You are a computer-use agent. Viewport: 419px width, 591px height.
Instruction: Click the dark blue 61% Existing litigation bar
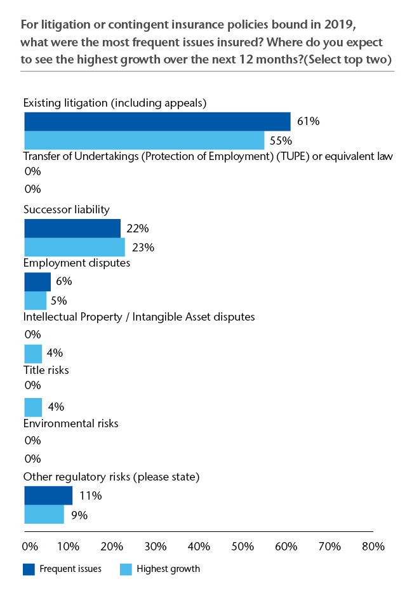(157, 121)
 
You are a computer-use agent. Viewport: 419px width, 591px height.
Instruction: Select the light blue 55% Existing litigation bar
(144, 140)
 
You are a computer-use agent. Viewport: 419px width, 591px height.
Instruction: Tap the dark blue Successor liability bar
(72, 229)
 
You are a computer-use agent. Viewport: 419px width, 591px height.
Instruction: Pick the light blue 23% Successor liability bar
(74, 248)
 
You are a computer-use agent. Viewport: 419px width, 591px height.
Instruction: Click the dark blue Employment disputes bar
(37, 282)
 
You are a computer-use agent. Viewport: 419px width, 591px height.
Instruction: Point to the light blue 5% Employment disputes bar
(35, 300)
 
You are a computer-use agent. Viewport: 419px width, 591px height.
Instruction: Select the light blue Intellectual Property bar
(32, 354)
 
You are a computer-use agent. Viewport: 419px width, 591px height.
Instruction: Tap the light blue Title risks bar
(32, 407)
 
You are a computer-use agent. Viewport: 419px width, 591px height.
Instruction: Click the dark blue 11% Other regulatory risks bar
(48, 495)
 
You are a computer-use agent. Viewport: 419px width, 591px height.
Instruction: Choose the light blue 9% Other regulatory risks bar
(44, 514)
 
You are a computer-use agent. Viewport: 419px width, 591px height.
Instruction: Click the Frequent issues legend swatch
(29, 569)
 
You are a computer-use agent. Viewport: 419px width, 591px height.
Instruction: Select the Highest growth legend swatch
(126, 569)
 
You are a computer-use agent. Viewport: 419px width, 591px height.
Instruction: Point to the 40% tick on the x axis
(199, 547)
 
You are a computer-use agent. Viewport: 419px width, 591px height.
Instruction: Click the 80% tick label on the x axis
(373, 547)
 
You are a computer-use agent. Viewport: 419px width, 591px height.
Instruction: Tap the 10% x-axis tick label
(68, 547)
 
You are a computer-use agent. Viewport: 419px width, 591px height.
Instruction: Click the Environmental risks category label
(70, 423)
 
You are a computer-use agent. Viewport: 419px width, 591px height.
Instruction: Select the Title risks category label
(46, 369)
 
